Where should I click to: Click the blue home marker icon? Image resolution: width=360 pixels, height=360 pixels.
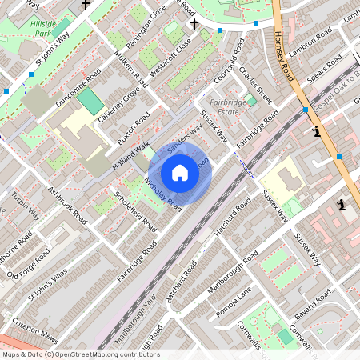point(180,172)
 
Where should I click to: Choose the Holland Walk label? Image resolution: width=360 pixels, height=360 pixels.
point(130,150)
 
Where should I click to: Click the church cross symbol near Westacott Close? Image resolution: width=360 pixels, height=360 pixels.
point(193,24)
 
